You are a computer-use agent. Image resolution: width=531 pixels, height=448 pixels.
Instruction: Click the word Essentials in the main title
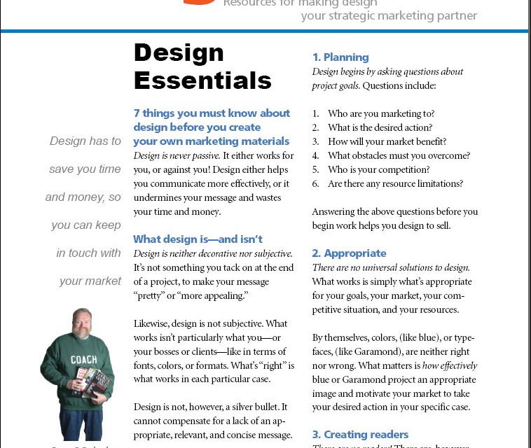pyautogui.click(x=202, y=80)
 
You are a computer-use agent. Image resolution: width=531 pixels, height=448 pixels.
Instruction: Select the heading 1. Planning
pyautogui.click(x=340, y=57)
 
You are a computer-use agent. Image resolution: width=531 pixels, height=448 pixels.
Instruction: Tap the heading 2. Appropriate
pyautogui.click(x=349, y=253)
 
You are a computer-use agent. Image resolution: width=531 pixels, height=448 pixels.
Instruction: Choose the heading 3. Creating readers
pyautogui.click(x=360, y=435)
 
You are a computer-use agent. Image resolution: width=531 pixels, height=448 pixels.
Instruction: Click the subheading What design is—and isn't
pyautogui.click(x=198, y=239)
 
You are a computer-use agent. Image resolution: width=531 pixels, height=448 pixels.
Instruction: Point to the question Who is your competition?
pyautogui.click(x=379, y=169)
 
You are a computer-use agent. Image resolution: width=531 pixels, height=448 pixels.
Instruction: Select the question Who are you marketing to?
pyautogui.click(x=381, y=113)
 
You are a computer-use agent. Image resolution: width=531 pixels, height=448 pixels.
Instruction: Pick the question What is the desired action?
pyautogui.click(x=380, y=127)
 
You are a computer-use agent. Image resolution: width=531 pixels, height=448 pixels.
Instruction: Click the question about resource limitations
pyautogui.click(x=395, y=183)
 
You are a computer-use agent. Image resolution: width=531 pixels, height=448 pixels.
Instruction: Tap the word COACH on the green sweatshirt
pyautogui.click(x=83, y=360)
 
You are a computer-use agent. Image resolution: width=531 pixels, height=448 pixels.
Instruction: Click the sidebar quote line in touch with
pyautogui.click(x=89, y=253)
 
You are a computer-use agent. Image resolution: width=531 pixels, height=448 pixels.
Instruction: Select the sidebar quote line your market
pyautogui.click(x=90, y=281)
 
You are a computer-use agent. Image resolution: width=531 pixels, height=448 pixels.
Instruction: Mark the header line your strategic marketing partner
pyautogui.click(x=389, y=15)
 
